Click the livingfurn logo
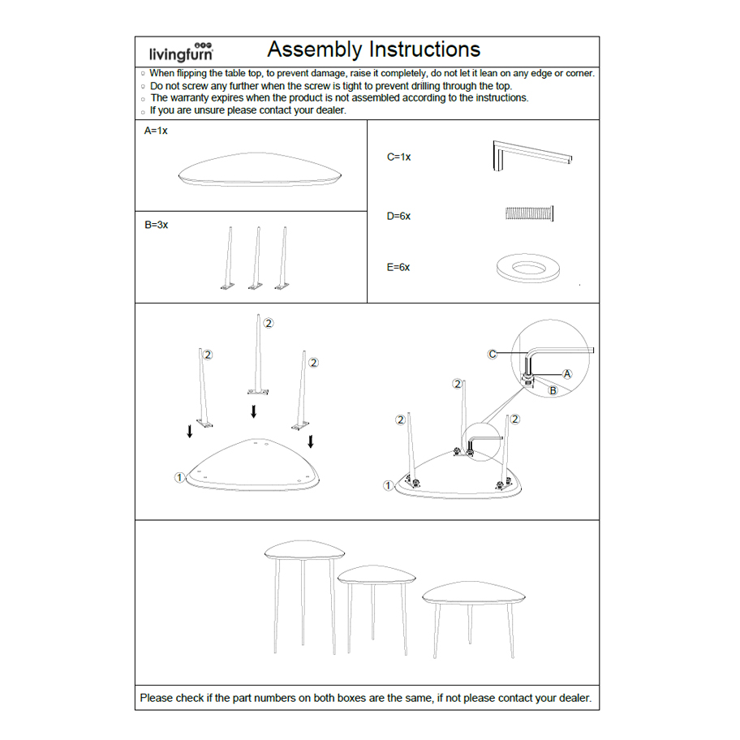click(181, 53)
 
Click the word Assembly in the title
click(314, 49)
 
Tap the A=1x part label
click(156, 131)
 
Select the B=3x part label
click(157, 225)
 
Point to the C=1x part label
click(398, 157)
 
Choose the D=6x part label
click(398, 217)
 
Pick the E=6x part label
click(398, 267)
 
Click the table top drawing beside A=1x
click(260, 173)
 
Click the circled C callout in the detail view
click(493, 354)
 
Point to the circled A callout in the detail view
click(567, 373)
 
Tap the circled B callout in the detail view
click(553, 390)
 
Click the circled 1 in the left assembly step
click(179, 477)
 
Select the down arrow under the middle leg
click(254, 411)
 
